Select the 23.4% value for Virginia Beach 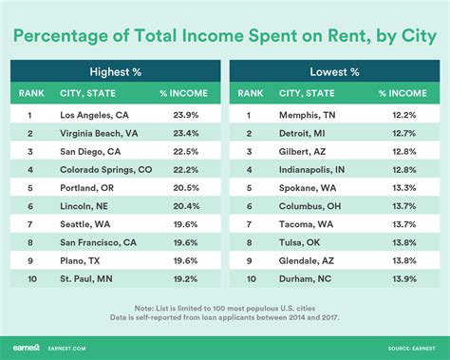click(184, 135)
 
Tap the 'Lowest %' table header click(333, 70)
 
